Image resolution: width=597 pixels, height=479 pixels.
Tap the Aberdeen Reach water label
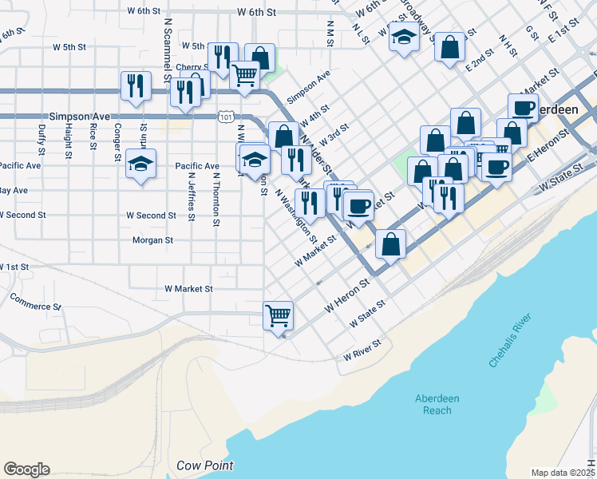tap(433, 405)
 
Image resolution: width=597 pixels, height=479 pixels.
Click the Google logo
tap(26, 469)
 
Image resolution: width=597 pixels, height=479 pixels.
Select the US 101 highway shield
tap(227, 117)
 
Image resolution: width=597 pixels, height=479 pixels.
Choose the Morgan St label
tap(152, 239)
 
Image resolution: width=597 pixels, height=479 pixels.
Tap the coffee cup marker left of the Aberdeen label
tap(524, 108)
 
